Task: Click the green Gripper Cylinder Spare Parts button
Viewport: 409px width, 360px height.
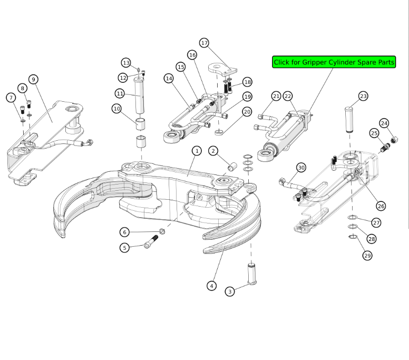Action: click(334, 62)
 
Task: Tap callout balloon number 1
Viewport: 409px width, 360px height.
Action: click(196, 151)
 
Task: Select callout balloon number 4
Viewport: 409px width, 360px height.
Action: click(211, 286)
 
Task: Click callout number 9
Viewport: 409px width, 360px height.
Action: click(33, 80)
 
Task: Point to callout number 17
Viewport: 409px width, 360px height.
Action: click(204, 43)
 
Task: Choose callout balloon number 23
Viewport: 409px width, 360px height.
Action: click(363, 96)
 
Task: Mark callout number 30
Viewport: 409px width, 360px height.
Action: click(301, 168)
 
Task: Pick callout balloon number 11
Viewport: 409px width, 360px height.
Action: click(120, 93)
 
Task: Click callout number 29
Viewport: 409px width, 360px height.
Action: click(367, 255)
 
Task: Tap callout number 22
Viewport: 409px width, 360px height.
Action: click(288, 96)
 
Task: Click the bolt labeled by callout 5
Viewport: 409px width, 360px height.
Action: click(151, 245)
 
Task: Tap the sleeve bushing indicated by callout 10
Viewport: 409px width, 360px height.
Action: click(141, 124)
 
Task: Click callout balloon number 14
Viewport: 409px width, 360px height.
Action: click(169, 78)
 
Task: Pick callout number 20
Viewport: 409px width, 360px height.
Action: click(247, 111)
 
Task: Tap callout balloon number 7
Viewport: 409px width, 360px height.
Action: click(11, 98)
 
